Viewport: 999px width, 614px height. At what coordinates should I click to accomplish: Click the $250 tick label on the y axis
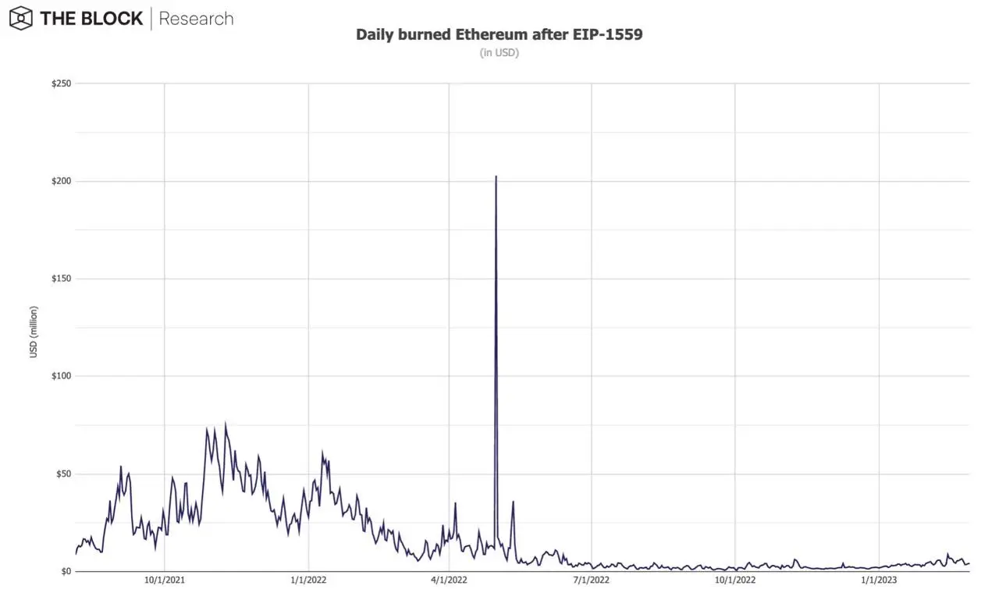click(x=61, y=83)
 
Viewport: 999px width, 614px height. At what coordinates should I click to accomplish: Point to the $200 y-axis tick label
click(x=61, y=181)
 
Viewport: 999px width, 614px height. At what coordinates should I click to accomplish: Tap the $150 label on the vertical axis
click(x=61, y=279)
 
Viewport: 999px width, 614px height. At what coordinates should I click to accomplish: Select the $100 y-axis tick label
click(x=61, y=376)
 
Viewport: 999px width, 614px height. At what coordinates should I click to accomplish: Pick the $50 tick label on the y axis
click(x=62, y=474)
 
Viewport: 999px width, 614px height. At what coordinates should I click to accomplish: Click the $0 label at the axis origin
click(x=66, y=572)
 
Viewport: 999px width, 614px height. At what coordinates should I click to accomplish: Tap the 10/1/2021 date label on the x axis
click(x=164, y=580)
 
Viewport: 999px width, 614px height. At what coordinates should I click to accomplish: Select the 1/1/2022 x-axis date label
click(x=308, y=580)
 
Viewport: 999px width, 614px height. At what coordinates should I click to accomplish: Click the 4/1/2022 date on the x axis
click(x=449, y=580)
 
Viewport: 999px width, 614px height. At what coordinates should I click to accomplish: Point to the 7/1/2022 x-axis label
click(x=592, y=580)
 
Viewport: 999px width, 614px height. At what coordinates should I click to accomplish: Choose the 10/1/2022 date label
click(x=735, y=580)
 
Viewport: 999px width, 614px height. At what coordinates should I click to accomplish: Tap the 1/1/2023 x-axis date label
click(x=879, y=580)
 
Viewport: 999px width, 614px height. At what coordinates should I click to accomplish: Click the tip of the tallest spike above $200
click(x=496, y=176)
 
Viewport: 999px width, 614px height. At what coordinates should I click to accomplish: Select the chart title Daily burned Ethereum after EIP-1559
click(x=499, y=35)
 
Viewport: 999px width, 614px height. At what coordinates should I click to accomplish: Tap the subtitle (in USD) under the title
click(x=499, y=53)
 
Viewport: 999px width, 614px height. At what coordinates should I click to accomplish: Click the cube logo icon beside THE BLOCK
click(x=20, y=18)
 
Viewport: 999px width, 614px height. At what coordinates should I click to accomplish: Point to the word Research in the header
click(x=196, y=19)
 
